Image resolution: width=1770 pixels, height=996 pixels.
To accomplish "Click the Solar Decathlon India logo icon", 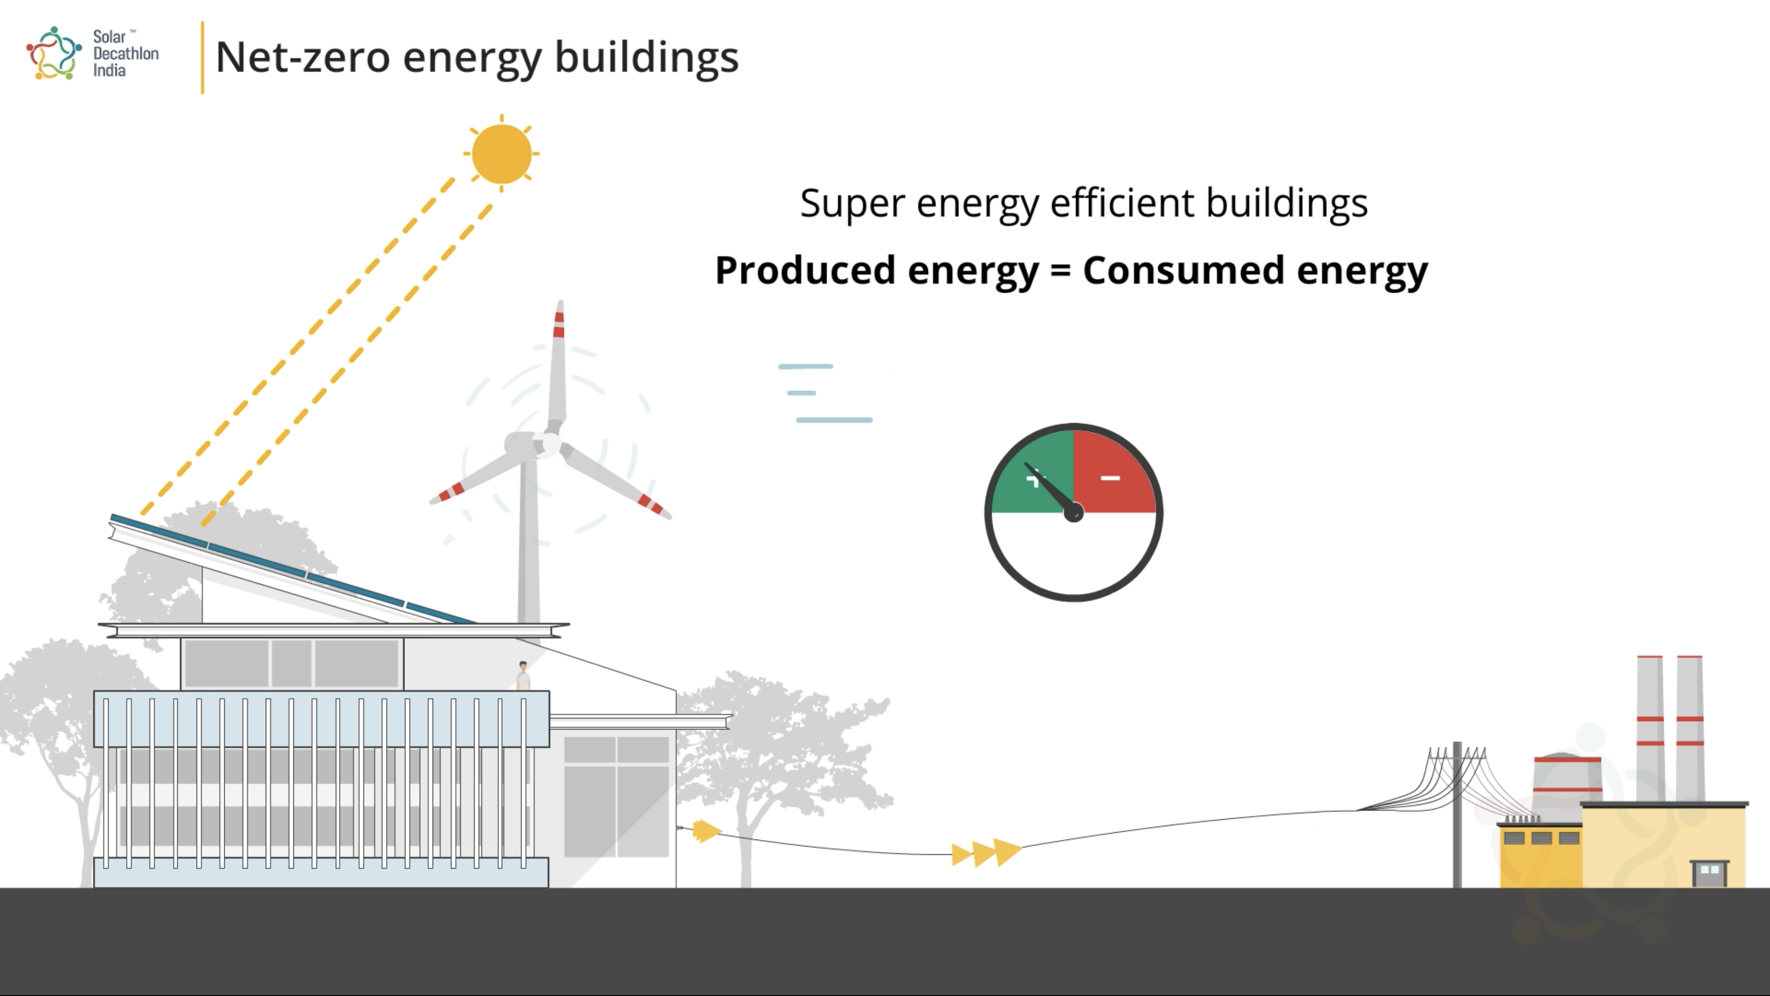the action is [x=54, y=53].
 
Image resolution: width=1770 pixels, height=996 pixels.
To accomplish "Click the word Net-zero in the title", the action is [x=302, y=57].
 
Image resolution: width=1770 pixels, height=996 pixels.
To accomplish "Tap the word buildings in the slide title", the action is [x=646, y=58].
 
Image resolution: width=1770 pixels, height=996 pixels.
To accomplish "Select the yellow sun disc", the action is [x=502, y=153].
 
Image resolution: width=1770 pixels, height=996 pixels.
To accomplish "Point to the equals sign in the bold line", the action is [x=1061, y=270].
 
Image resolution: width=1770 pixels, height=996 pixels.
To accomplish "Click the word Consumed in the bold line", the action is [x=1183, y=270].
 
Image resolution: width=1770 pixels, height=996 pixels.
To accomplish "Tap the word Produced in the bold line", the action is [x=805, y=270].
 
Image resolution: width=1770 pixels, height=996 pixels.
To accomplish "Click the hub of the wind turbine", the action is [x=548, y=444].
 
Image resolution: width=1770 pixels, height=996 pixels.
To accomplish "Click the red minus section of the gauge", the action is [x=1113, y=473].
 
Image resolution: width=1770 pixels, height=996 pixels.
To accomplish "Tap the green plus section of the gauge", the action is [x=1034, y=473].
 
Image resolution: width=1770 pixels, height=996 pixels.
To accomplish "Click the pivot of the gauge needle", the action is [x=1073, y=512].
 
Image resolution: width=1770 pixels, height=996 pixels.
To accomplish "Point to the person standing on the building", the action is [x=523, y=676].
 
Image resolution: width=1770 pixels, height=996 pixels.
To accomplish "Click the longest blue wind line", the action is [x=834, y=420].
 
